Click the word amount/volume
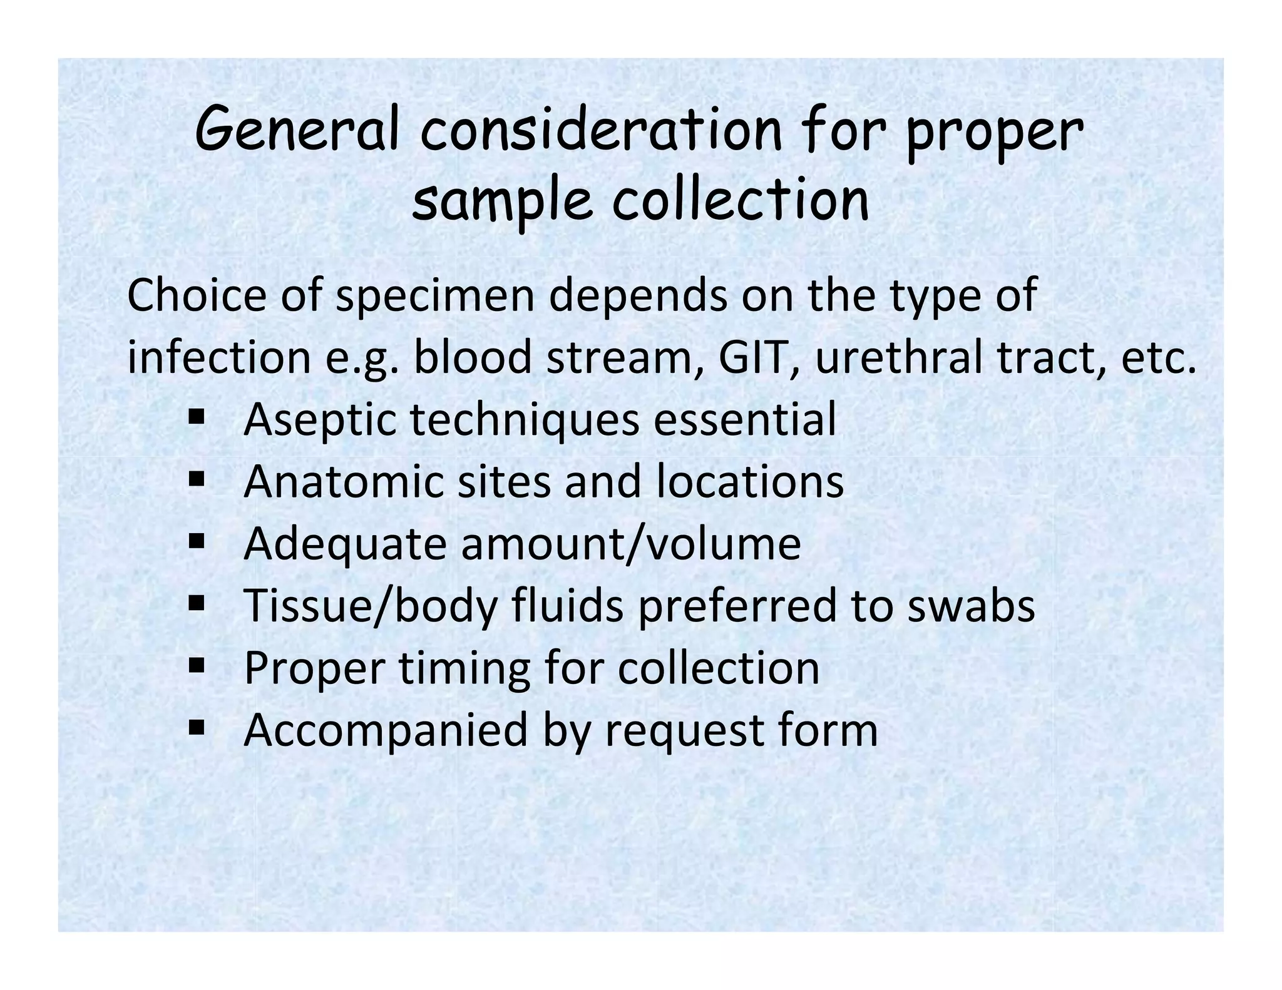click(630, 543)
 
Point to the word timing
click(464, 668)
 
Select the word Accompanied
click(386, 730)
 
